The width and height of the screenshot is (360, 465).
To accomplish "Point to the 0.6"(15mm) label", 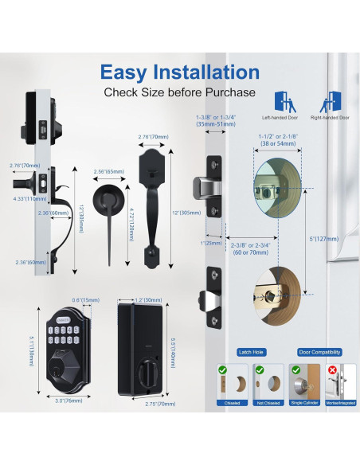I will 80,300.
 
